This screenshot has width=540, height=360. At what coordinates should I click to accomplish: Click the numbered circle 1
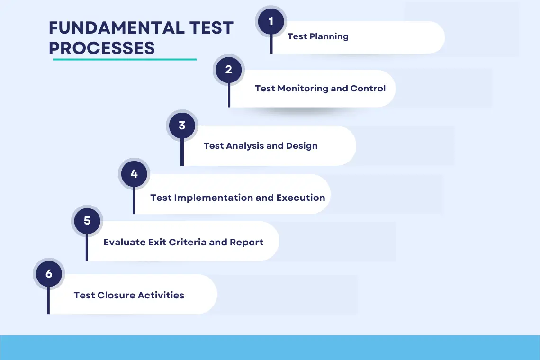(x=271, y=21)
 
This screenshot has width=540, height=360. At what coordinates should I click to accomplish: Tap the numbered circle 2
(x=229, y=70)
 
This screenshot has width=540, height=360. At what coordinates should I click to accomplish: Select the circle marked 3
(x=182, y=126)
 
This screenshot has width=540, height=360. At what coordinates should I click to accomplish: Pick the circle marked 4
(x=134, y=174)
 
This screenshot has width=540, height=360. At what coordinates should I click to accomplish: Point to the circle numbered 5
(x=87, y=221)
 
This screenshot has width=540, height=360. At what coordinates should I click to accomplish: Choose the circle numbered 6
(x=49, y=274)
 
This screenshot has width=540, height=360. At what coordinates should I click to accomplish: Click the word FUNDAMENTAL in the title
(x=117, y=28)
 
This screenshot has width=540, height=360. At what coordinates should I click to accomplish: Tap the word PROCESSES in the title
(x=102, y=48)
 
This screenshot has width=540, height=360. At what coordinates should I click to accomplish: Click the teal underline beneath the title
(x=125, y=59)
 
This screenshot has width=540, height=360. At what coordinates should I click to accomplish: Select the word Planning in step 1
(x=329, y=37)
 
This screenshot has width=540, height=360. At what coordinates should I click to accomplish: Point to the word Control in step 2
(x=368, y=89)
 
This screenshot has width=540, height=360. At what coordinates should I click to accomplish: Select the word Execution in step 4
(x=301, y=198)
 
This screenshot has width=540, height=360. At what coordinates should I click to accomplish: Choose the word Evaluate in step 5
(x=124, y=242)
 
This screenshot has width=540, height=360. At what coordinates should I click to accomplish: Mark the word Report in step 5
(x=247, y=243)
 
